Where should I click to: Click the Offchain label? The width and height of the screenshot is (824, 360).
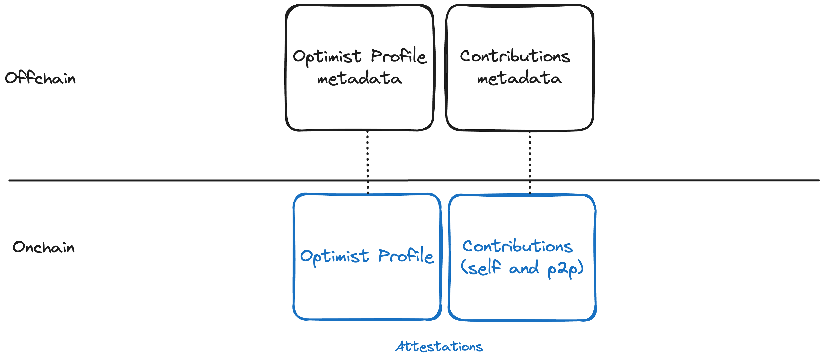coord(40,78)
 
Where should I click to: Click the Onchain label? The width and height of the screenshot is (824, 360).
coord(44,247)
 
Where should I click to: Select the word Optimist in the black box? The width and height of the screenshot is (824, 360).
coord(327,57)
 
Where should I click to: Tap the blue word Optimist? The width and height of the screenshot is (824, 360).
coord(334,256)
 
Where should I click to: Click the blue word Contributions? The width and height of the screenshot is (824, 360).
coord(518,246)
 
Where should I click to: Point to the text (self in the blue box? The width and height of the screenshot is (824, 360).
coord(480,267)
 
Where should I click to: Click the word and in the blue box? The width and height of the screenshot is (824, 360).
coord(524,268)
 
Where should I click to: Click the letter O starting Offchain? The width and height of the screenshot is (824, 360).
coord(11,78)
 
